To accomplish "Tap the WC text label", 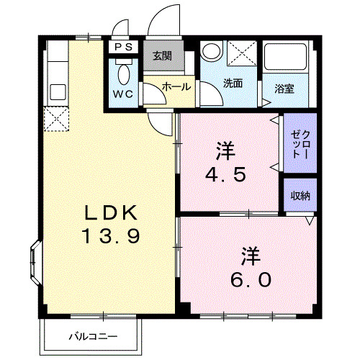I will click(x=122, y=94).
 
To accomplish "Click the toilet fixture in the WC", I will click(x=123, y=73).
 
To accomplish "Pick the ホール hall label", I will click(x=176, y=86).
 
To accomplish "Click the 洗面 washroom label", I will click(x=233, y=83).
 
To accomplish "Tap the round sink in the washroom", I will click(x=212, y=52).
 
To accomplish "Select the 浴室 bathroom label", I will click(x=284, y=89).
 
